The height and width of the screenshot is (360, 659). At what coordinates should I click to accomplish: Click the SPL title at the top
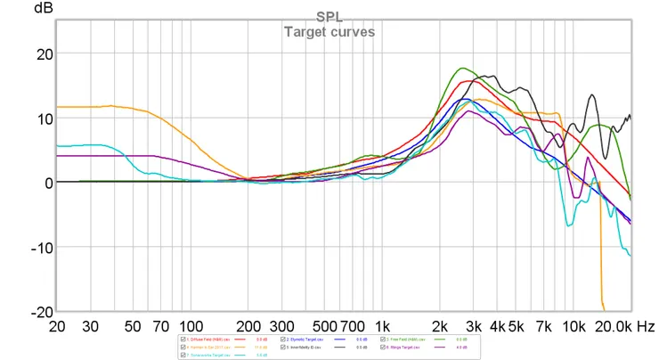coord(328,15)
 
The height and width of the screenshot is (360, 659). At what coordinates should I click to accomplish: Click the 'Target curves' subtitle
coord(329,32)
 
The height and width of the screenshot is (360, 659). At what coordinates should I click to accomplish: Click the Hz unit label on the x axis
coord(646,327)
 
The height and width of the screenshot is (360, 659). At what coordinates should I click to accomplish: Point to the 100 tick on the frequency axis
coord(191,327)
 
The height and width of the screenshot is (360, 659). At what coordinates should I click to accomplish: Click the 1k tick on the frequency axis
coord(382,327)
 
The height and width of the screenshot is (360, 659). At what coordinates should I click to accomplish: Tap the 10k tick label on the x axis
coord(574,327)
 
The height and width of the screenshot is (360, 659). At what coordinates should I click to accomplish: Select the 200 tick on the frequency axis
coord(248,327)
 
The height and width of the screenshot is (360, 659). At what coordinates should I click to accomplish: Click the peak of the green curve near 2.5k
coord(462,68)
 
